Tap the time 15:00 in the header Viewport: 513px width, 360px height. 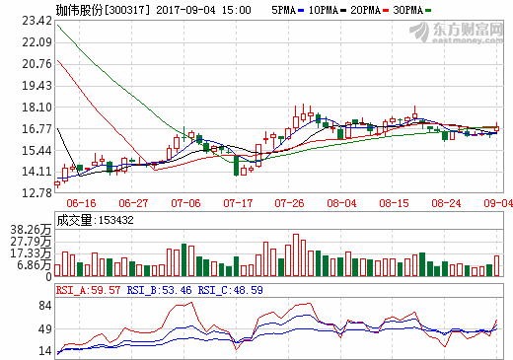[235, 9]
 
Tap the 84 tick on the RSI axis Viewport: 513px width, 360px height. [42, 307]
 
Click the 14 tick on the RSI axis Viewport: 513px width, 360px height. [42, 350]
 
